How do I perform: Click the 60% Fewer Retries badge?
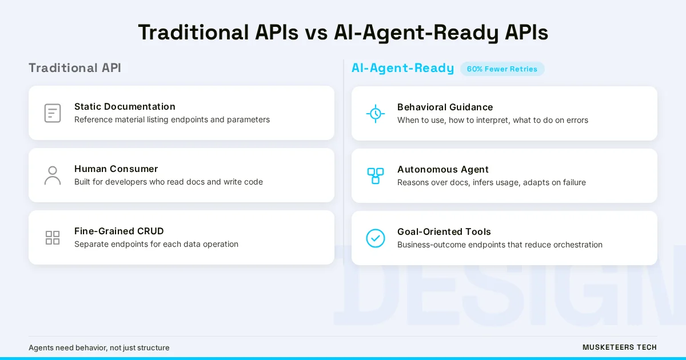point(502,69)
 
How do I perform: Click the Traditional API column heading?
point(75,68)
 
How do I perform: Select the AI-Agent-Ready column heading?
point(402,68)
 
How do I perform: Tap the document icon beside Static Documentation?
point(53,113)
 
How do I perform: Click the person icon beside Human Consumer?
point(53,175)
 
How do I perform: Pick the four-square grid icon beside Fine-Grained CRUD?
point(53,238)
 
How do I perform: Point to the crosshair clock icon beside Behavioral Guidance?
point(376,114)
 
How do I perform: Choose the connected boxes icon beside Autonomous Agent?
point(376,176)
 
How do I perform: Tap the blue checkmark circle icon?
point(376,238)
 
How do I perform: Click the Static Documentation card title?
point(125,106)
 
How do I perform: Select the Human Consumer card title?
point(116,169)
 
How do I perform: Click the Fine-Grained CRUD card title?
point(119,231)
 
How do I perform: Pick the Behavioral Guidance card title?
point(445,107)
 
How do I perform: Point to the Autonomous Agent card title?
point(443,169)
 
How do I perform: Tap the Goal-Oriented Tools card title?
point(444,231)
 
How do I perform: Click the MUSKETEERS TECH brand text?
point(620,347)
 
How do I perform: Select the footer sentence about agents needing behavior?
point(99,347)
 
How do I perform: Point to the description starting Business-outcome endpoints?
point(500,245)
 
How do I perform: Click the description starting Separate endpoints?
point(156,244)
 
